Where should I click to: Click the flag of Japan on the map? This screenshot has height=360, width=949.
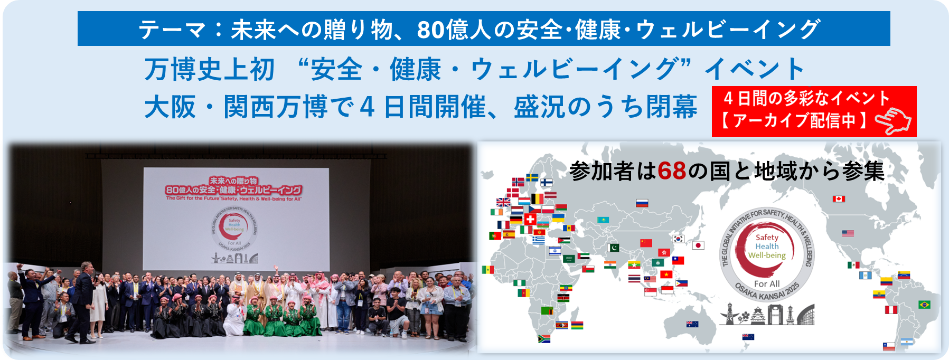point(698,245)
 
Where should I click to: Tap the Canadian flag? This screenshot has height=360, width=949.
point(839,199)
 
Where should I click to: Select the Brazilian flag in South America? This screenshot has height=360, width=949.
point(924,305)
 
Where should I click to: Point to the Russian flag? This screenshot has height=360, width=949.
point(642,203)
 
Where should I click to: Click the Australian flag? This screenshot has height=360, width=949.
point(692,324)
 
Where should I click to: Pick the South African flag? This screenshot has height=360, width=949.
point(544,339)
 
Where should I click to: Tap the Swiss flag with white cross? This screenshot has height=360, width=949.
point(530,219)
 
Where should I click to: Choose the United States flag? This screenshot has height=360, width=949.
point(848,233)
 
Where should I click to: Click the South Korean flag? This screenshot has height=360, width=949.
point(678,239)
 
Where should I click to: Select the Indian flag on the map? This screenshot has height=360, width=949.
point(610,264)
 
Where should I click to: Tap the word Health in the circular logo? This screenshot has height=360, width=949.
point(767,247)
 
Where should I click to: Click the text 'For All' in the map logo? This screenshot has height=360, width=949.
point(767,284)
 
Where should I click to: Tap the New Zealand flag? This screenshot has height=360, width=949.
point(748,337)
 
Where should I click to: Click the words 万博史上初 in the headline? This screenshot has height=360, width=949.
point(210,70)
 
